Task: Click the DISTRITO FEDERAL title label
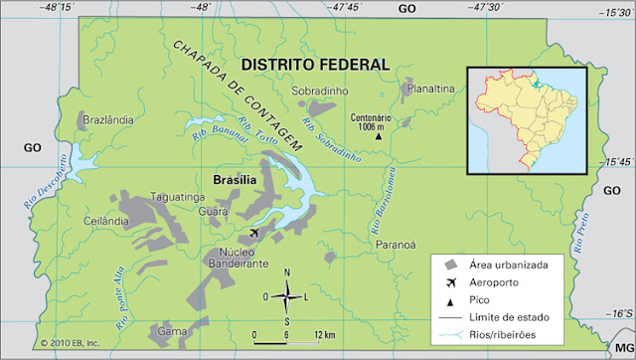(x=315, y=65)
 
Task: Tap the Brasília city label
(x=236, y=180)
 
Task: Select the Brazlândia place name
(x=107, y=119)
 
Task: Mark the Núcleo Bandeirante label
(x=238, y=259)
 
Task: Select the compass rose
(x=287, y=294)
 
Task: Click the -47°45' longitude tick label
(x=348, y=8)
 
